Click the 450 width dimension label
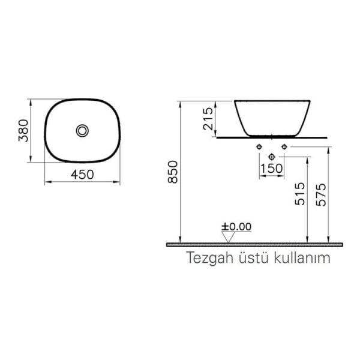coord(82,175)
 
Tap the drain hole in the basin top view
coord(82,130)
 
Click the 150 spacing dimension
coord(272,169)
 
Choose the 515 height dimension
coord(300,195)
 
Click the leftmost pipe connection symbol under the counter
coord(259,147)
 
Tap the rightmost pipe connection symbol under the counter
coord(285,147)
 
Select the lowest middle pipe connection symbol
coord(272,155)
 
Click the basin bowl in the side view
coord(271,117)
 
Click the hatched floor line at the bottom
coord(255,245)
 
